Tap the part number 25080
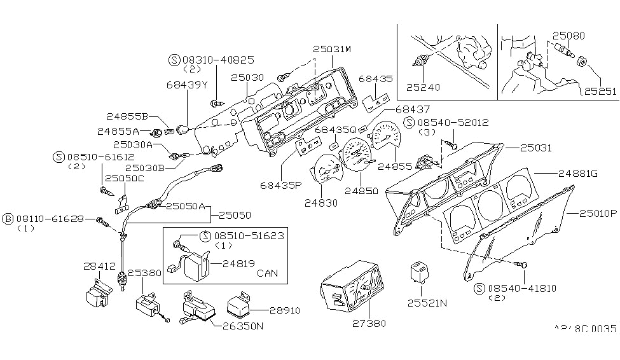click(568, 36)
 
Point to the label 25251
click(600, 92)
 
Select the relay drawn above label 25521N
click(422, 273)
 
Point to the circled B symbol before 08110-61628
click(8, 219)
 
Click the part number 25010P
click(598, 214)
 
